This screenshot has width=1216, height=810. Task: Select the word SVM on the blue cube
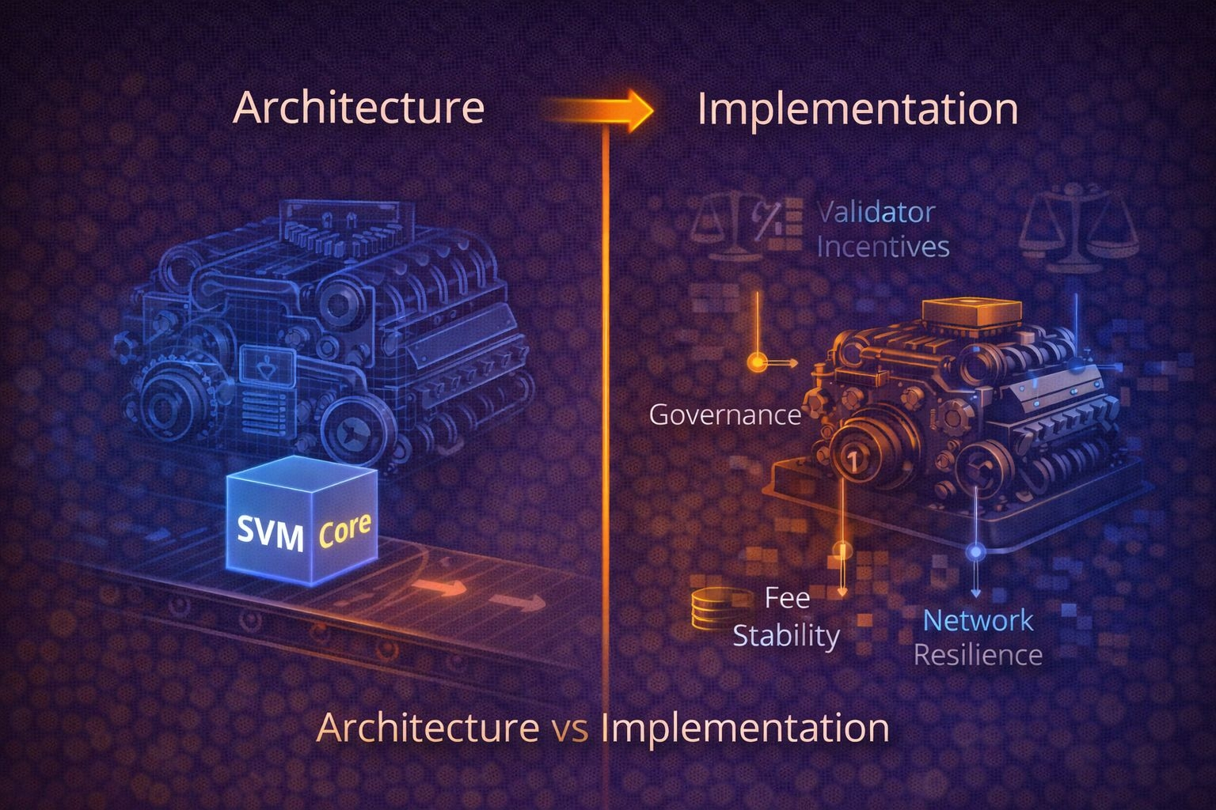270,535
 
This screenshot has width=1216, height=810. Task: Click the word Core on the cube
344,530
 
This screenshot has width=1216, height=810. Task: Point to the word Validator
876,212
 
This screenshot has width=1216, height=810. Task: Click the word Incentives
883,247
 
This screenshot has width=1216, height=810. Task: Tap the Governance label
724,414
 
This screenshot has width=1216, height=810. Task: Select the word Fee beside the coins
787,597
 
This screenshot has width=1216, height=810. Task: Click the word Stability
785,635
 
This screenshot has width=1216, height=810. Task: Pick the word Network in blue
978,620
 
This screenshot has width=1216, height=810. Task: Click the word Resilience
978,655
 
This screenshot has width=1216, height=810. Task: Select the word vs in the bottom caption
570,727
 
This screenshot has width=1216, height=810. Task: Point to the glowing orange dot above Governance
758,362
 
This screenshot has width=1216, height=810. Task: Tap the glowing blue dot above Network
975,551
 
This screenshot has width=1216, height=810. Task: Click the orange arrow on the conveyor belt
440,587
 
